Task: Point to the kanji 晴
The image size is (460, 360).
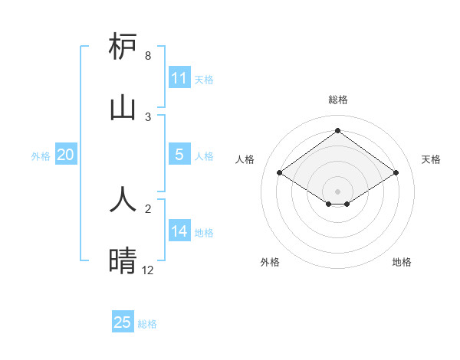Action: click(x=123, y=261)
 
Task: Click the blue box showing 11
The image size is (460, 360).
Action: click(x=179, y=78)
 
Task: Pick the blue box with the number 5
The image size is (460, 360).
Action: click(x=179, y=155)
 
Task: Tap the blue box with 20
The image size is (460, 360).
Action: click(x=66, y=155)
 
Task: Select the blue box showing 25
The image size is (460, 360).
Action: click(x=123, y=322)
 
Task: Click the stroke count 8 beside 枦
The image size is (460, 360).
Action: click(x=148, y=56)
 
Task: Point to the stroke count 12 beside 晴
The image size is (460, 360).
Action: click(x=148, y=270)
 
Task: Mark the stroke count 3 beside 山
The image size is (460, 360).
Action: click(x=148, y=116)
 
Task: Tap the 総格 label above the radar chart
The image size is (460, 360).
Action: click(x=338, y=100)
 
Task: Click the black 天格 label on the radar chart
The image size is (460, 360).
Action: click(x=431, y=159)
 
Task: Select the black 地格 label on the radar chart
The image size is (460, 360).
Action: click(x=402, y=262)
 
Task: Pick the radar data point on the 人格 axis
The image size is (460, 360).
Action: click(x=280, y=173)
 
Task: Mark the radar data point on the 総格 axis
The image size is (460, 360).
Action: click(x=338, y=131)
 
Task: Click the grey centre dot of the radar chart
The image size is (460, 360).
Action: click(x=338, y=191)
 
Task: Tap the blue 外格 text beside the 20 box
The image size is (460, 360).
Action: click(x=41, y=155)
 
